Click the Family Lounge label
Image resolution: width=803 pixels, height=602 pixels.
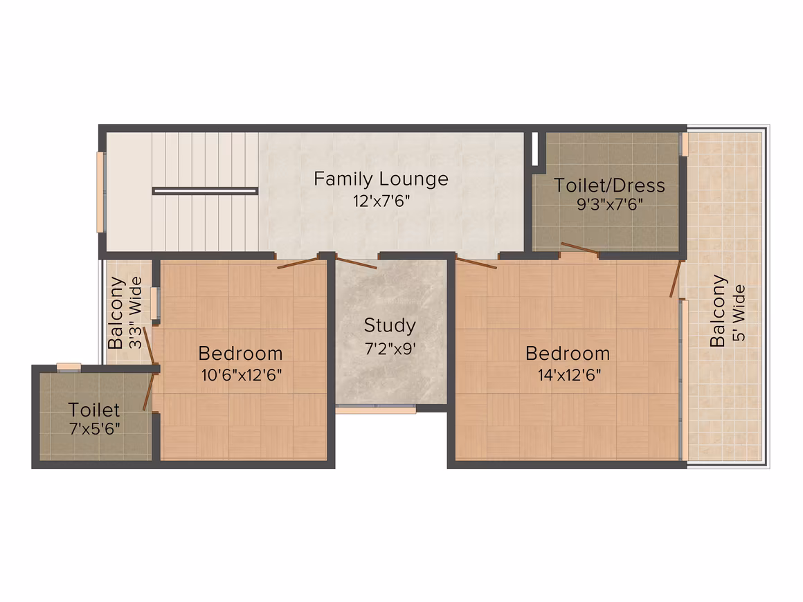click(381, 180)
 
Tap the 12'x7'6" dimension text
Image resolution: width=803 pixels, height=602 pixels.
click(381, 201)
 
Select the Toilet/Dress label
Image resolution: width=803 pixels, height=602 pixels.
click(609, 185)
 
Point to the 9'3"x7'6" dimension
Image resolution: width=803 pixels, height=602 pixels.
click(609, 205)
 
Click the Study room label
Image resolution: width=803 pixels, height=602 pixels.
click(390, 326)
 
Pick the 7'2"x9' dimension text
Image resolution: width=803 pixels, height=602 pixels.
click(390, 349)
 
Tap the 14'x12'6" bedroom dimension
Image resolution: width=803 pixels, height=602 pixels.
click(569, 375)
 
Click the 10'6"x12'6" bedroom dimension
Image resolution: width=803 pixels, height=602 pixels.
click(241, 375)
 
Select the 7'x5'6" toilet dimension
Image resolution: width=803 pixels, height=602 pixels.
click(95, 428)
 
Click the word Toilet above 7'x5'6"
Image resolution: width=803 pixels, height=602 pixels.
click(93, 410)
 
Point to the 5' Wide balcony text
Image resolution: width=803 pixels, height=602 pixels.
click(739, 313)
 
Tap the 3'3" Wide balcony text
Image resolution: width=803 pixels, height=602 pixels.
click(135, 313)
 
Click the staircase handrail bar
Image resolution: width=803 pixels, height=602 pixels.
click(205, 191)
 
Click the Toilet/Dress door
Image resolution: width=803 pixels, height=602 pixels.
click(579, 248)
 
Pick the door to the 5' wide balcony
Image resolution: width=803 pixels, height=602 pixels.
click(676, 279)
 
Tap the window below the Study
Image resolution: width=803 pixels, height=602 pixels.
click(375, 410)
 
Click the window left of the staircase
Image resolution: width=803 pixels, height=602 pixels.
click(101, 192)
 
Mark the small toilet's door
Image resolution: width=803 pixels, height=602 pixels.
click(149, 392)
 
